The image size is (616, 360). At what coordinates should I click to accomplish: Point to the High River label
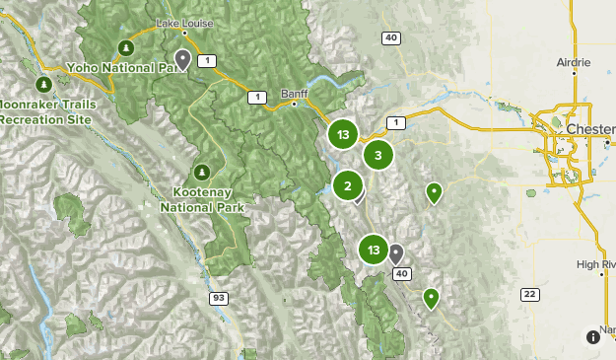[595, 264]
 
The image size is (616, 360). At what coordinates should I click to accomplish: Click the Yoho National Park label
[126, 67]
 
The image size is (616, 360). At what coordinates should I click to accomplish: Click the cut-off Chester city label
[590, 129]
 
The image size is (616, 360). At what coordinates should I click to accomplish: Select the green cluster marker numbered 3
[377, 155]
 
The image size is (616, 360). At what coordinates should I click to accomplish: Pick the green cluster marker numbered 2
[347, 184]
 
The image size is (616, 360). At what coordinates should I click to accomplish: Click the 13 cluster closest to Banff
[342, 134]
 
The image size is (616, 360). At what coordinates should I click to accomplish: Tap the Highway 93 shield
[215, 297]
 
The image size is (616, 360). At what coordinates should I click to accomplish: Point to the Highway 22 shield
[530, 294]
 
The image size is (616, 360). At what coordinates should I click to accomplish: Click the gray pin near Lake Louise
[183, 60]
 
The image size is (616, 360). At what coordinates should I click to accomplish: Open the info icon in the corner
[594, 336]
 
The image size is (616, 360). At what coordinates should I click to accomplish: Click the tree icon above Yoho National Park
[125, 47]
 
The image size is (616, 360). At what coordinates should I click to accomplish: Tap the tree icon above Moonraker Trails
[44, 83]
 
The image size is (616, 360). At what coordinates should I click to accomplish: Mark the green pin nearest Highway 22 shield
[431, 297]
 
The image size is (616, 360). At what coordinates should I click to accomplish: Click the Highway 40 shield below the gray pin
[401, 273]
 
